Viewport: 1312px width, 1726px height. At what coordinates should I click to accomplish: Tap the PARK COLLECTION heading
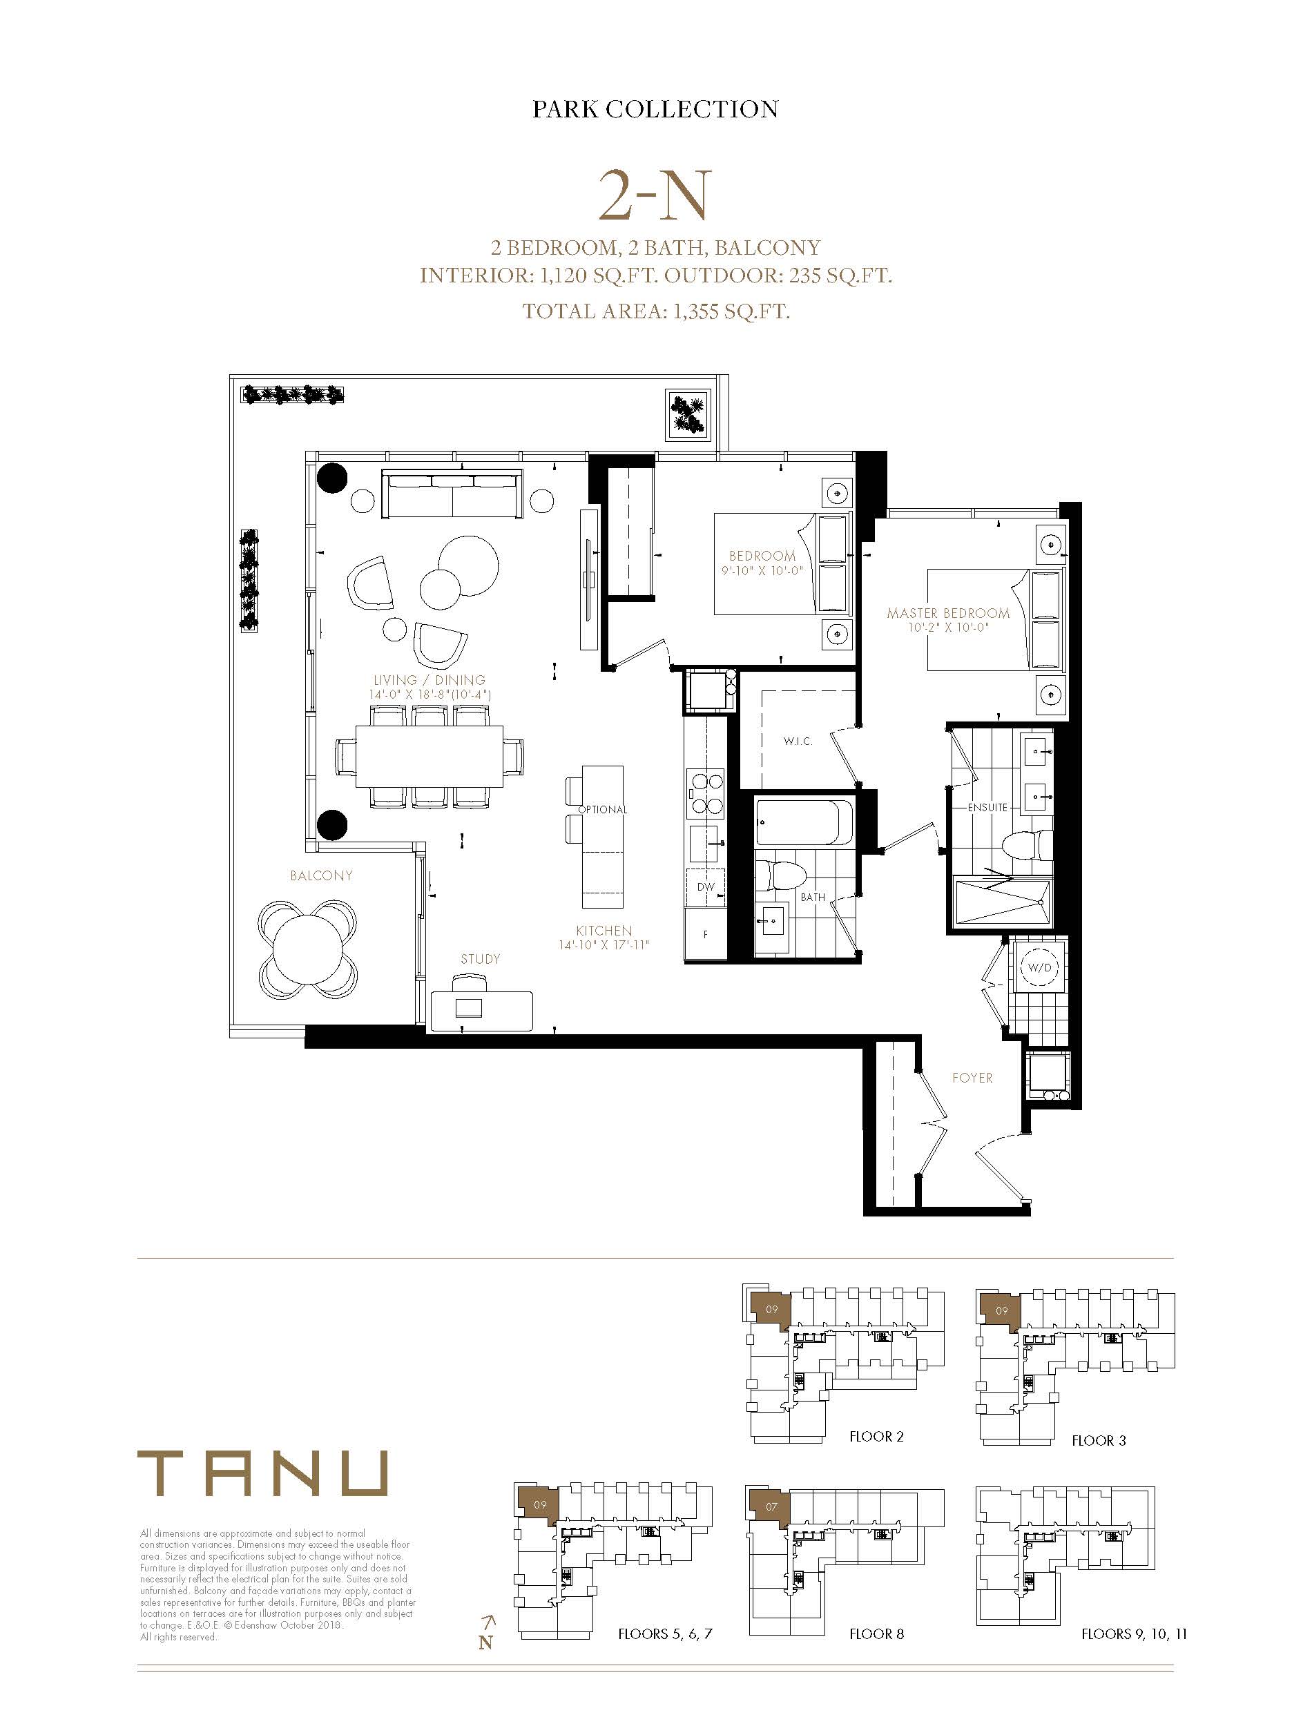pyautogui.click(x=655, y=108)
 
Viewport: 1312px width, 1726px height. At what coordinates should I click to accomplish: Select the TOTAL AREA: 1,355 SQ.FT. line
pyautogui.click(x=656, y=311)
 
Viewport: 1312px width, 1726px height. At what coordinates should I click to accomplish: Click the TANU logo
pyautogui.click(x=262, y=1473)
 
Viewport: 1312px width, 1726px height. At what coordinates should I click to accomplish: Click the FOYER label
pyautogui.click(x=972, y=1078)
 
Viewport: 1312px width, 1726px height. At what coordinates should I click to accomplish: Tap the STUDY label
pyautogui.click(x=481, y=960)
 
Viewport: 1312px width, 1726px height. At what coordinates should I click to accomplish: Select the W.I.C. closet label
pyautogui.click(x=798, y=741)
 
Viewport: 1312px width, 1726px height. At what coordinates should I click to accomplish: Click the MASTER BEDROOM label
pyautogui.click(x=948, y=614)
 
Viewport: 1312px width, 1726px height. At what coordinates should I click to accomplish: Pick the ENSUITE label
pyautogui.click(x=988, y=807)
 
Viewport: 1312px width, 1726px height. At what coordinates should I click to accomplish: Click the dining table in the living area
pyautogui.click(x=430, y=757)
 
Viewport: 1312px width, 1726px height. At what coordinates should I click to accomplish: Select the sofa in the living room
pyautogui.click(x=452, y=494)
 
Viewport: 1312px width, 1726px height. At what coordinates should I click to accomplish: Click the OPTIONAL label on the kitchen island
pyautogui.click(x=602, y=810)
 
